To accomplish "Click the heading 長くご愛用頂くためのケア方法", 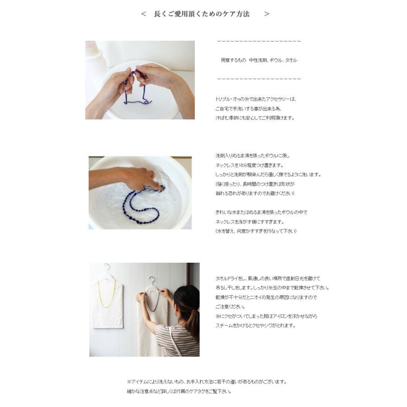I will [202, 14].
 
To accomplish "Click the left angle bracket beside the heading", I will [143, 14].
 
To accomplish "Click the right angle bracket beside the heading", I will [267, 14].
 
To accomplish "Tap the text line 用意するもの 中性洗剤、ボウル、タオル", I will [259, 60].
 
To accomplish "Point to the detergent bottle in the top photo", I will [95, 63].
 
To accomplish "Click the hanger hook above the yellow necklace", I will [107, 268].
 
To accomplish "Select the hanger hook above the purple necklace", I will [152, 280].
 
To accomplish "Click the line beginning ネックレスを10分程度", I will [250, 166].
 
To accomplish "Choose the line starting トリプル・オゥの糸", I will [256, 99].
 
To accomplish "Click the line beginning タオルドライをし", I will [268, 279].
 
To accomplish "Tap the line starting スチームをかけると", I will [256, 326].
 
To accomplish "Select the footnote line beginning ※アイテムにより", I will [207, 382].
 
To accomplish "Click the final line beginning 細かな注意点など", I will [179, 392].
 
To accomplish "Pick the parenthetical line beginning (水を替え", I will [256, 232].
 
